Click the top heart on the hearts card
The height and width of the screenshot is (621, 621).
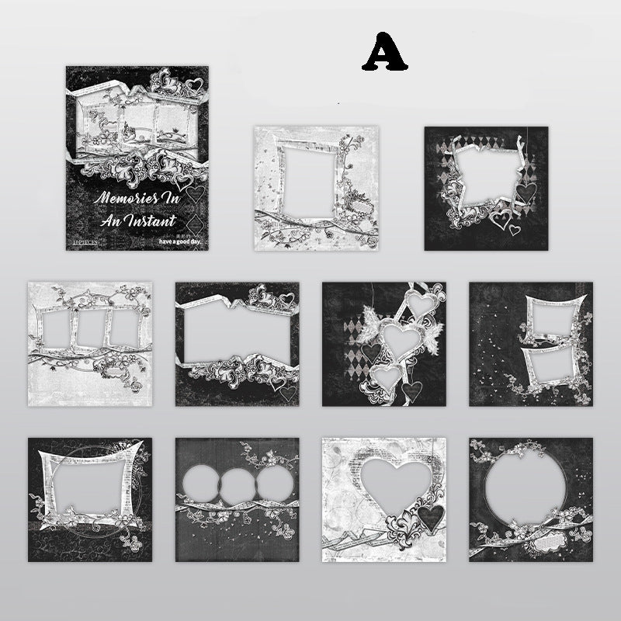[422, 304]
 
